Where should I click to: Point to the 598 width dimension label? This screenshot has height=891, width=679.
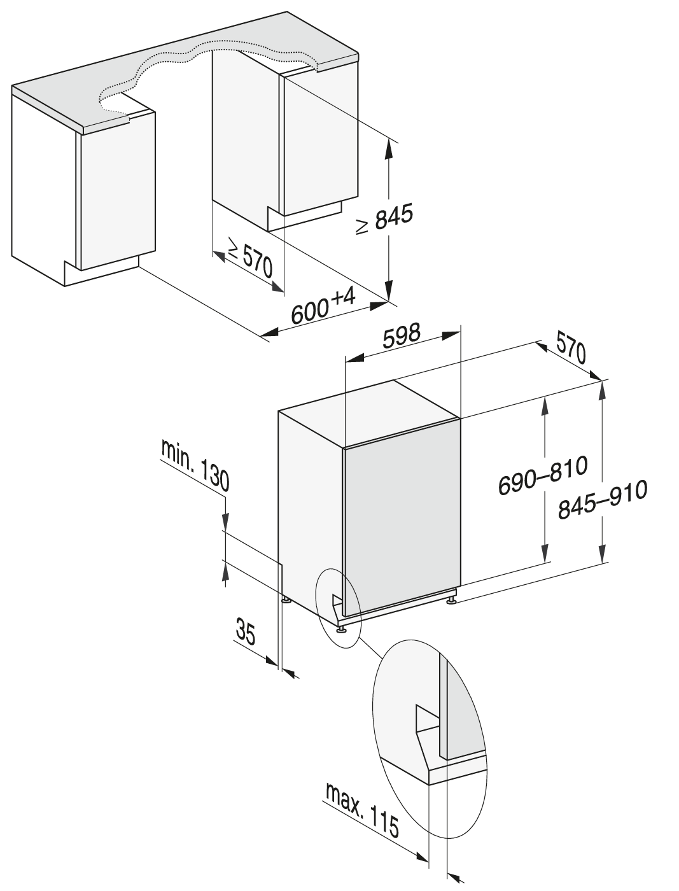402,336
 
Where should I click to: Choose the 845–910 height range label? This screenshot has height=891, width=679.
602,499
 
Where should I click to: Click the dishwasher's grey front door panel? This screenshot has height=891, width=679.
402,516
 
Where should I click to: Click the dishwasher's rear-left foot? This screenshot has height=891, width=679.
286,600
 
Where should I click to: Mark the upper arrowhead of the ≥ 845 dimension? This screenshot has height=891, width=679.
389,148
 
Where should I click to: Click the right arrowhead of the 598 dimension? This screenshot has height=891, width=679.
451,335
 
